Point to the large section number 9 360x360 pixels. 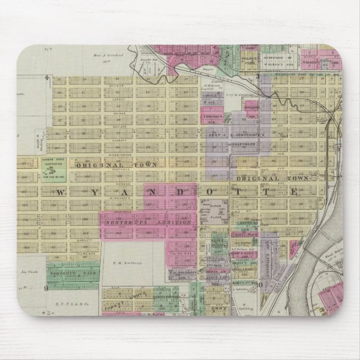[x=47, y=288]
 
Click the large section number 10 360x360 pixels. [x=259, y=285]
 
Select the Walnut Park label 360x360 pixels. [x=248, y=58]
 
